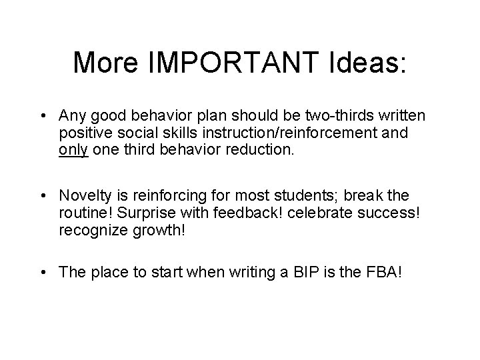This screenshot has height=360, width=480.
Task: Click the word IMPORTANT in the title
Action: pyautogui.click(x=231, y=63)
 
